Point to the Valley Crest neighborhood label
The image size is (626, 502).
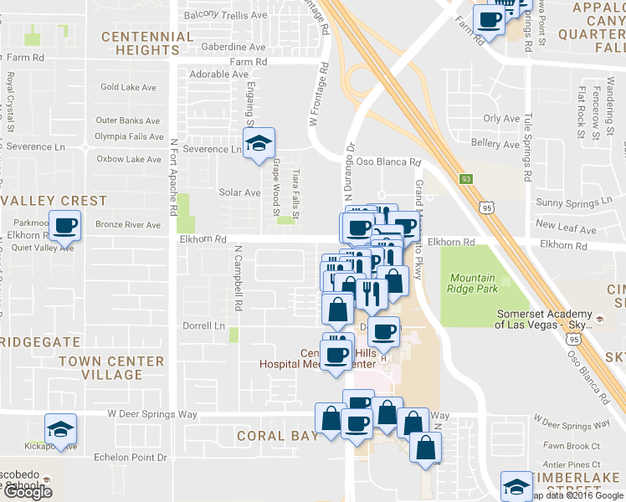[x=55, y=201]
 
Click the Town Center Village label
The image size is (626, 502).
[x=112, y=368]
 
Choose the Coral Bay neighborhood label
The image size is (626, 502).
[x=277, y=436]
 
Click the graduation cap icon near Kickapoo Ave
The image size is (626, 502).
[x=60, y=428]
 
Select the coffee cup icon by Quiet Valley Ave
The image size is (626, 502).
[x=65, y=226]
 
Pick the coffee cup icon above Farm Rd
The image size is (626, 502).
[x=490, y=20]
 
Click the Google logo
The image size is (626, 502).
[x=27, y=492]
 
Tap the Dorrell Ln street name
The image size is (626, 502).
[x=205, y=325]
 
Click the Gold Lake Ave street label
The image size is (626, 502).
[x=128, y=87]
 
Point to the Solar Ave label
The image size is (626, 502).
[x=239, y=192]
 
